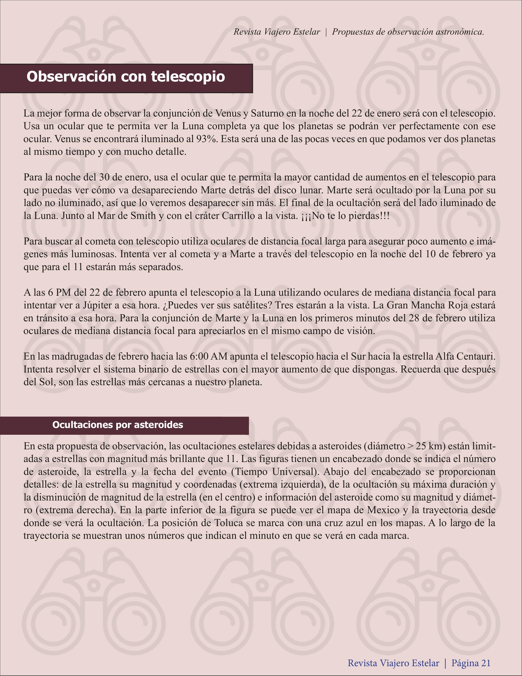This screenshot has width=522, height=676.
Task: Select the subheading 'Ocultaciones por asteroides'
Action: point(118,425)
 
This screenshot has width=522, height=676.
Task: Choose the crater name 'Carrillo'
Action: point(238,216)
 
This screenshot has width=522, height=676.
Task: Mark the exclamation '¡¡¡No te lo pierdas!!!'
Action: point(345,216)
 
